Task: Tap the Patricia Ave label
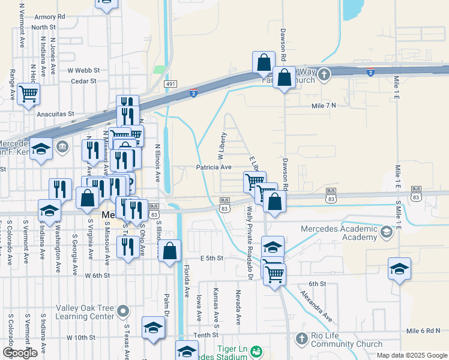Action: [x=213, y=167]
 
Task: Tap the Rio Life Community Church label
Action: [x=347, y=340]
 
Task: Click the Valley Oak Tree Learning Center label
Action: [x=85, y=312]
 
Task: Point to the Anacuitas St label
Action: [x=54, y=113]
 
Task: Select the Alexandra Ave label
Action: [x=316, y=305]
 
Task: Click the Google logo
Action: [x=20, y=353]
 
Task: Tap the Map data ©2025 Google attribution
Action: [x=412, y=355]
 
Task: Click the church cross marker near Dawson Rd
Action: [x=324, y=75]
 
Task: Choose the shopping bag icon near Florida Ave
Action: [x=170, y=250]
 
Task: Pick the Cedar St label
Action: [x=83, y=81]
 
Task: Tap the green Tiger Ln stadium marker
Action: [x=256, y=350]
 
